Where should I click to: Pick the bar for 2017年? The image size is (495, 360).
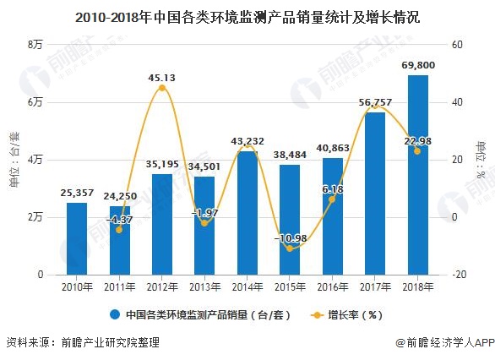(x=375, y=194)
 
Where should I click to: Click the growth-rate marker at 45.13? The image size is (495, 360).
(x=161, y=88)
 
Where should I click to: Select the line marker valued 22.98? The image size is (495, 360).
(x=417, y=151)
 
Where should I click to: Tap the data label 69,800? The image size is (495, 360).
(x=417, y=65)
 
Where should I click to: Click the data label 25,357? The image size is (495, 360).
(x=77, y=193)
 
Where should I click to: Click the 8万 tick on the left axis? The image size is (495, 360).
(x=35, y=44)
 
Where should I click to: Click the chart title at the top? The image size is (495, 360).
(x=247, y=16)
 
